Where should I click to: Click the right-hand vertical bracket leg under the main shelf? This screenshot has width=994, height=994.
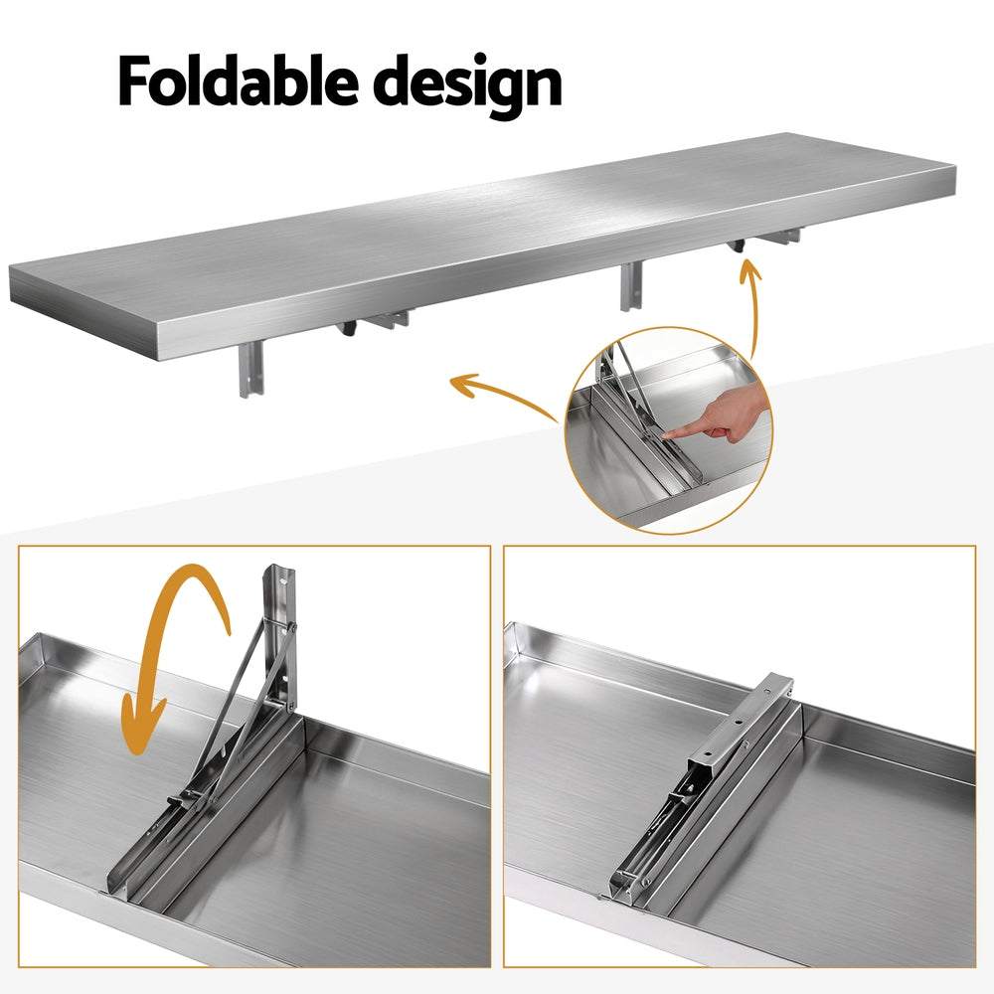point(630,286)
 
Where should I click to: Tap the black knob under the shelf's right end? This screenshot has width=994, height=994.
point(738,246)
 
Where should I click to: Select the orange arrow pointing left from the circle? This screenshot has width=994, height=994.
point(497,390)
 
